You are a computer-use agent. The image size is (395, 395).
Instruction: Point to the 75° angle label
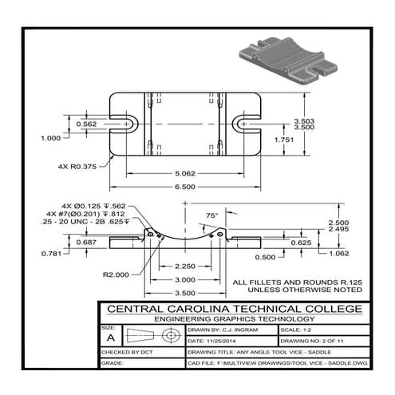pyautogui.click(x=211, y=215)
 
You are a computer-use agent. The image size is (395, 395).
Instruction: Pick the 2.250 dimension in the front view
pyautogui.click(x=185, y=266)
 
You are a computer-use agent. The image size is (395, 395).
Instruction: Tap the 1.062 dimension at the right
pyautogui.click(x=340, y=254)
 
